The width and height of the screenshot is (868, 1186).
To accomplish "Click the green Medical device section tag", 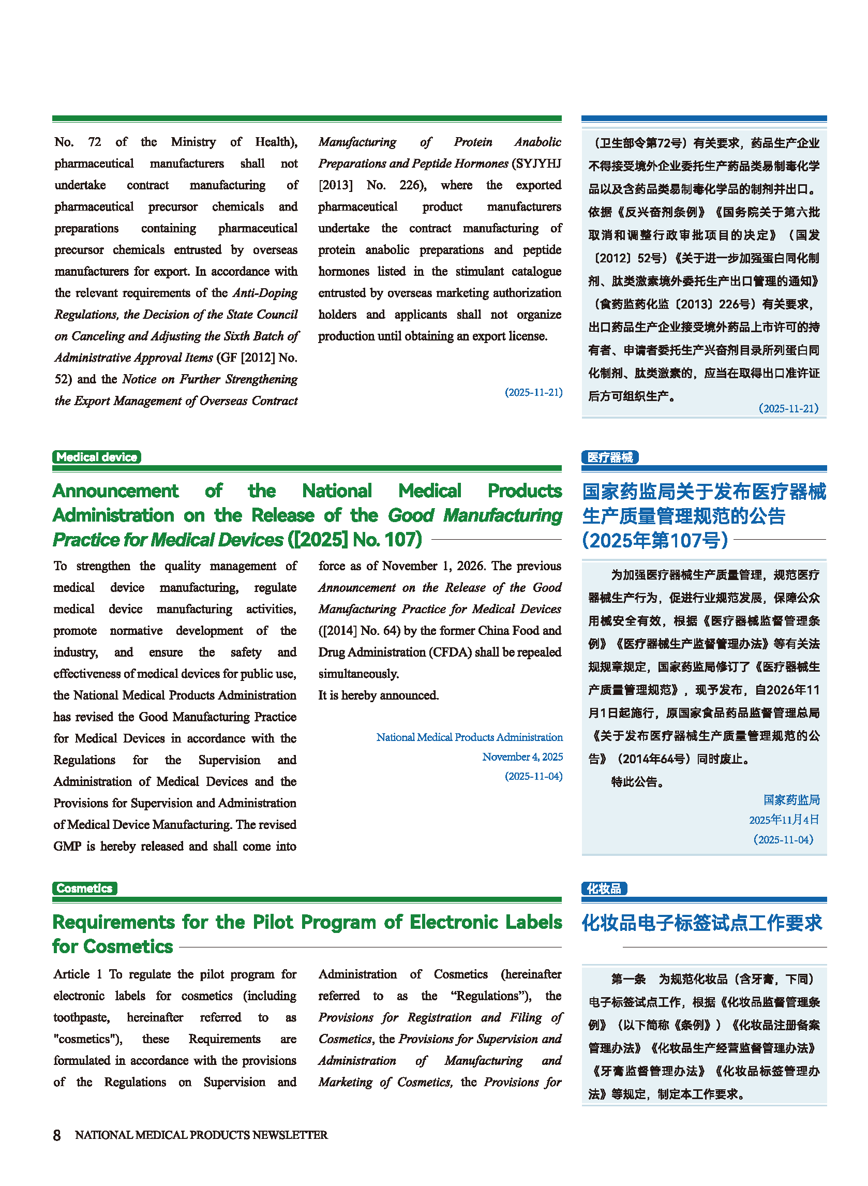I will pos(97,456).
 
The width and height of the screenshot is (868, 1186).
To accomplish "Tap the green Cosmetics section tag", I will pos(84,888).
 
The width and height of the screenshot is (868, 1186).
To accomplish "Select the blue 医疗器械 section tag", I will pos(609,457).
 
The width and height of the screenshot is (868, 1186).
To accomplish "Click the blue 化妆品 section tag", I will pos(604,888).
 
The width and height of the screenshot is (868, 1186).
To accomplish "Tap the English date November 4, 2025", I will pos(522,757).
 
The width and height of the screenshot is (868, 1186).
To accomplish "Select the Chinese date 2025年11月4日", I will pos(784,820).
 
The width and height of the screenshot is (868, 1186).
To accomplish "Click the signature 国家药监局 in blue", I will pos(791,800).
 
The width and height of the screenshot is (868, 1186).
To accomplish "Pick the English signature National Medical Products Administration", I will pos(469,737).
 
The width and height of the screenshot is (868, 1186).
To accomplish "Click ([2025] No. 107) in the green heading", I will pos(355,540).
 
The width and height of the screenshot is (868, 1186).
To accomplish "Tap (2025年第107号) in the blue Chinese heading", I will pos(655,540).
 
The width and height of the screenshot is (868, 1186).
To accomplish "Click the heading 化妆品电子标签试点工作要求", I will pos(702,923).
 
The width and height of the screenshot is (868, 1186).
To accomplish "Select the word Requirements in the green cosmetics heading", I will pos(114,922).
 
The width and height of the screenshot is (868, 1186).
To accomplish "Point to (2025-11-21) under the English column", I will pos(533,393).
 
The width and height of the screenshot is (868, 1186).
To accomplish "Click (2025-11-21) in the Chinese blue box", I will pos(788,408).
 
